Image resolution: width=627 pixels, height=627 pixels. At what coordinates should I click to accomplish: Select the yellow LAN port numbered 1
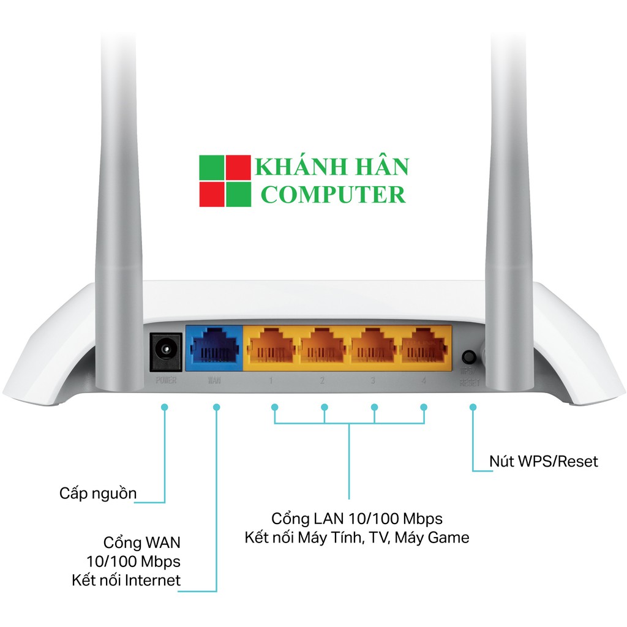click(270, 348)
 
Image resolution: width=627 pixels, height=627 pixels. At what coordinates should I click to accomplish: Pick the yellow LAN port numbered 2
click(321, 348)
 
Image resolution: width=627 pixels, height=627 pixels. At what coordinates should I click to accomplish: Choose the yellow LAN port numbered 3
click(373, 348)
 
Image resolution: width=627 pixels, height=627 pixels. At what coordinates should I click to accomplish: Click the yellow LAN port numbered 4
click(423, 348)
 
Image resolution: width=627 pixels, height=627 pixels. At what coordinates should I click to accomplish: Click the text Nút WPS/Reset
click(543, 461)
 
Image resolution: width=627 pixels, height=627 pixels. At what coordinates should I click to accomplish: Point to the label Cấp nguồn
click(98, 494)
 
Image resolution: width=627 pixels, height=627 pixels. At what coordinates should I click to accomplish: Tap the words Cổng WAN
click(142, 543)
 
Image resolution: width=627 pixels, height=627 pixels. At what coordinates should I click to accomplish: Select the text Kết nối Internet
click(126, 580)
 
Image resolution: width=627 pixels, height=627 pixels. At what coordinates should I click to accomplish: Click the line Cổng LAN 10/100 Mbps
click(357, 519)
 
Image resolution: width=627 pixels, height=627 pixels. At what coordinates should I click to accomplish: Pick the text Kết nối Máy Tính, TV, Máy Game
click(357, 538)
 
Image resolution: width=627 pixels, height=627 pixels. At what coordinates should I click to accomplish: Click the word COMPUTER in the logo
click(333, 195)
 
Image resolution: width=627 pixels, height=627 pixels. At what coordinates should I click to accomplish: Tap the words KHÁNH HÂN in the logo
click(332, 167)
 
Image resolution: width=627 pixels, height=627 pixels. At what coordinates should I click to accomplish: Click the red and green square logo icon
click(225, 181)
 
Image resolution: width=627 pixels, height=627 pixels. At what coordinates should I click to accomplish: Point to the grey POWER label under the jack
click(166, 381)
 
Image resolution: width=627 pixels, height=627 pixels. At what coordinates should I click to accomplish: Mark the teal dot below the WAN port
click(216, 407)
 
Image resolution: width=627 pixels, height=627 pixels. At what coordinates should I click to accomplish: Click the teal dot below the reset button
click(472, 407)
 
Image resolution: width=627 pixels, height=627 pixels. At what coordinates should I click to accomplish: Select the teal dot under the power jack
click(165, 407)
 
